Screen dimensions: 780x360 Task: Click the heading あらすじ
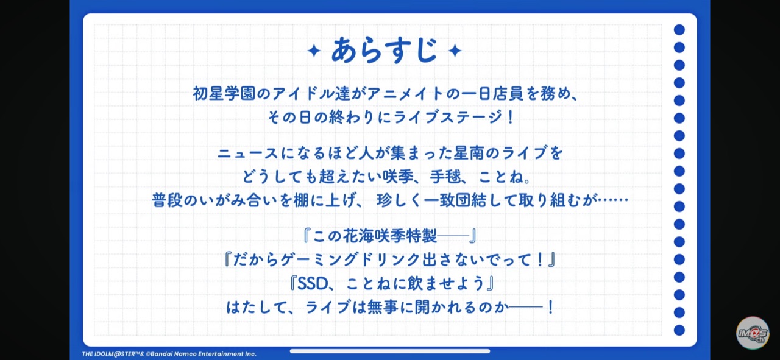[x=384, y=51]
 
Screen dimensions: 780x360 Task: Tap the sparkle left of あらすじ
[x=314, y=51]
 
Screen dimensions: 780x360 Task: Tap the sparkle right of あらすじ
[x=455, y=51]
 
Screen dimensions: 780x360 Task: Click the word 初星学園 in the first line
[x=224, y=94]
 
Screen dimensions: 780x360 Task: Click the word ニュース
[x=248, y=153]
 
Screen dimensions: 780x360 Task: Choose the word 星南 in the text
[x=469, y=153]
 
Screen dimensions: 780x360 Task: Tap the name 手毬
[x=445, y=177]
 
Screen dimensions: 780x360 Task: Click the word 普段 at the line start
[x=167, y=200]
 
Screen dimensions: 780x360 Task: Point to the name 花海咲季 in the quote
[x=374, y=236]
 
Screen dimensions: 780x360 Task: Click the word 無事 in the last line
[x=383, y=308]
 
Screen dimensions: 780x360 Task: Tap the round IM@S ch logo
[x=753, y=333]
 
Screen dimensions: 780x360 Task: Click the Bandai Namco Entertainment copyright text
[x=169, y=354]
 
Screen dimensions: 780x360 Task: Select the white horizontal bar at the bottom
[x=390, y=351]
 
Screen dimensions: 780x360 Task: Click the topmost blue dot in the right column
[x=679, y=30]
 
